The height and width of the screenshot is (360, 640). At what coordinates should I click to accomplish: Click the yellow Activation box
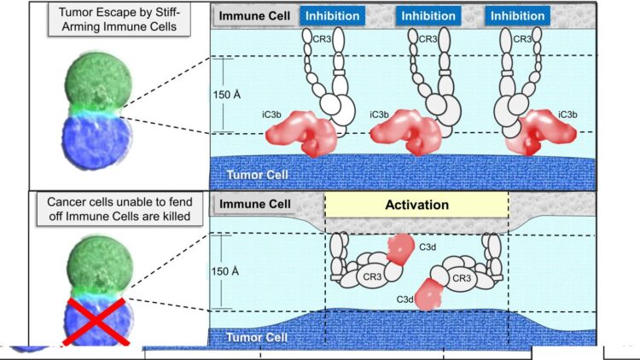[417, 205]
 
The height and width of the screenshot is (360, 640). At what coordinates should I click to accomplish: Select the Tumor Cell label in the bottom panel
[254, 338]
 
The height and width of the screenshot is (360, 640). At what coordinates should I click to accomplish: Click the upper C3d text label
[428, 246]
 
